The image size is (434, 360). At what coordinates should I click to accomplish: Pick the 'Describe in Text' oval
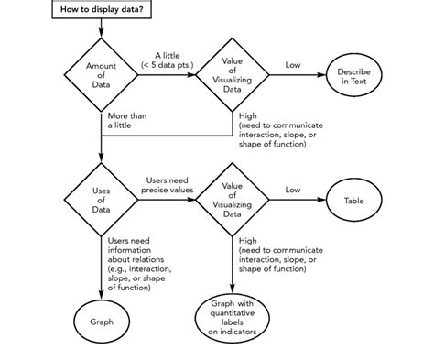pos(353,76)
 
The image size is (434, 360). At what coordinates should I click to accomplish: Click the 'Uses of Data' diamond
pos(101,200)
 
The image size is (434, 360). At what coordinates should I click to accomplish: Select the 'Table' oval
pos(353,200)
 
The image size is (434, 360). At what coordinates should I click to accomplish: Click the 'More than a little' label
pos(126,122)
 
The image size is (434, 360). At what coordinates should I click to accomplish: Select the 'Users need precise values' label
pos(168,185)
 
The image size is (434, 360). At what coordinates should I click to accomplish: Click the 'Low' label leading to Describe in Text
pos(292,66)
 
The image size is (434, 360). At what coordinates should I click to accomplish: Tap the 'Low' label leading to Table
pos(292,191)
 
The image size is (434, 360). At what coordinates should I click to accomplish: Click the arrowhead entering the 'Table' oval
pos(322,200)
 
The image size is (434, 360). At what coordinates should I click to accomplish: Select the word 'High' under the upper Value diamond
pos(247,116)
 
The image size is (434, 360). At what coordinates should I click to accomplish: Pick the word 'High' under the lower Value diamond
pos(247,240)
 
